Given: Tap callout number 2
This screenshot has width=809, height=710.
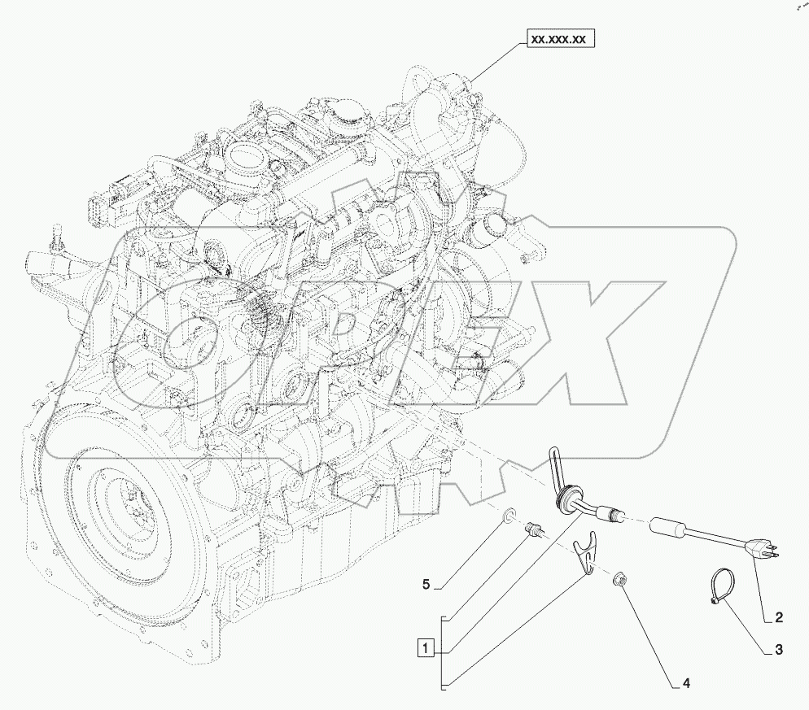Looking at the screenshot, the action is pos(779,617).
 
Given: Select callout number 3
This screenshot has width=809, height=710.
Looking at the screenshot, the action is pos(779,650).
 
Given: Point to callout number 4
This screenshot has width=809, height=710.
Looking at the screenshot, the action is pos(686,684).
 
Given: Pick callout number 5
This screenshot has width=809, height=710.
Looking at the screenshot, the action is pos(426,585).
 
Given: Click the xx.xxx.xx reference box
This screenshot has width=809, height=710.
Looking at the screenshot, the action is pos(561,39).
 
